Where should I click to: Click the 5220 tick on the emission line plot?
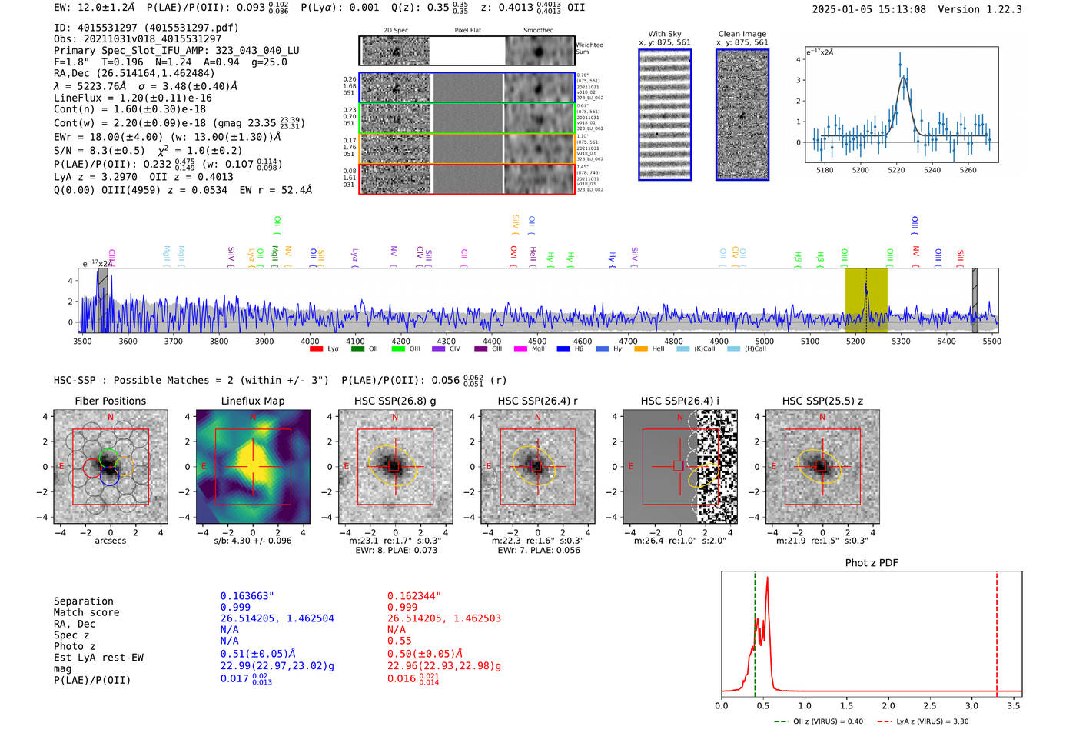coord(896,170)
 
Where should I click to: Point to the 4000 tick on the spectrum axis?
coord(310,341)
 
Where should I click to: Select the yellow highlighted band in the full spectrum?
coord(866,300)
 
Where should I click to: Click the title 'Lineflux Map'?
coord(253,401)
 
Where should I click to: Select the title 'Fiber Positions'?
coord(110,401)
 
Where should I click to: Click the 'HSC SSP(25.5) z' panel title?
coord(822,401)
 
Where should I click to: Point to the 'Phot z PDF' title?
coord(872,563)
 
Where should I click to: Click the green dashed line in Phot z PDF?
coord(755,631)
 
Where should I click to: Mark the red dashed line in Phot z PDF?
coord(997,631)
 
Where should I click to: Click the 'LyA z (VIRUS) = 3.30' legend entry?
coord(932,721)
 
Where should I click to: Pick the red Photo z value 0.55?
coord(400,641)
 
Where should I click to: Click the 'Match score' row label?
coord(86,613)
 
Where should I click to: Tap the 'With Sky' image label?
coord(665,34)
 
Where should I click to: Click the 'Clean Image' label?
coord(742,34)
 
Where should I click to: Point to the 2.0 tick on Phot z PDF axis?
coord(888,705)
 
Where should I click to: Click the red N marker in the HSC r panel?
coord(537,418)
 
